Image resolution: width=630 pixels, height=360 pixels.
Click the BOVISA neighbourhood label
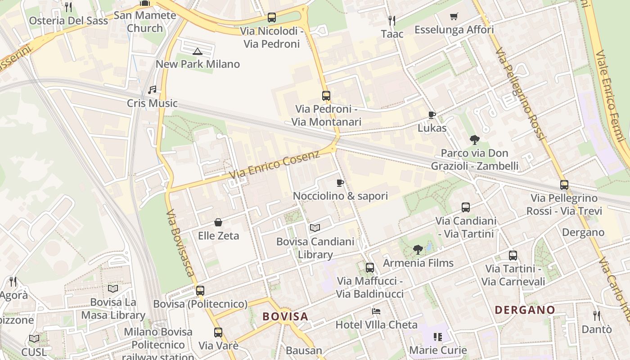pyautogui.click(x=285, y=316)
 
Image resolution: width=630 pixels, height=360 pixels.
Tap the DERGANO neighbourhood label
pyautogui.click(x=525, y=310)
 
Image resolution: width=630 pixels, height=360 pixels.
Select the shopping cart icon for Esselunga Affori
pyautogui.click(x=454, y=17)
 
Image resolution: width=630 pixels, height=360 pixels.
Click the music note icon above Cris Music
pyautogui.click(x=152, y=90)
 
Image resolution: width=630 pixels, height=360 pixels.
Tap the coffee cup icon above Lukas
pyautogui.click(x=432, y=115)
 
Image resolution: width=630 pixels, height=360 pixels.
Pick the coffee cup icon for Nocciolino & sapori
pyautogui.click(x=340, y=183)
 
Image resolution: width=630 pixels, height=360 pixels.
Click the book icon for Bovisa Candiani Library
pyautogui.click(x=315, y=228)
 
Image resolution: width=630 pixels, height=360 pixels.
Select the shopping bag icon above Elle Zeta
pyautogui.click(x=218, y=222)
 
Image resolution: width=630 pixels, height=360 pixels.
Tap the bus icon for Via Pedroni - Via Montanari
pyautogui.click(x=326, y=96)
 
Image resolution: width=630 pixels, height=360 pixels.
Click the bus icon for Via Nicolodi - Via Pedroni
pyautogui.click(x=272, y=18)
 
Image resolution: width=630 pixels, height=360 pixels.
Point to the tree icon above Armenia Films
pyautogui.click(x=418, y=250)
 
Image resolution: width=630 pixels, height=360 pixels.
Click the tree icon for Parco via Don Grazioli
pyautogui.click(x=474, y=140)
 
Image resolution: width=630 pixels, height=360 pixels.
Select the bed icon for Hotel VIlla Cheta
pyautogui.click(x=376, y=311)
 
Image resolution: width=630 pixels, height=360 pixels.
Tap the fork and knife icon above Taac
pyautogui.click(x=392, y=20)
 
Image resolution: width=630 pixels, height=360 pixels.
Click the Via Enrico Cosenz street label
pyautogui.click(x=274, y=164)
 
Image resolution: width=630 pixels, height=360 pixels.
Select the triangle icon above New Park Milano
pyautogui.click(x=198, y=51)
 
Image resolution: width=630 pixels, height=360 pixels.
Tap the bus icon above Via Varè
pyautogui.click(x=218, y=333)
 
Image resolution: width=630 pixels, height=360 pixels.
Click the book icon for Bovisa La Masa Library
pyautogui.click(x=113, y=288)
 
